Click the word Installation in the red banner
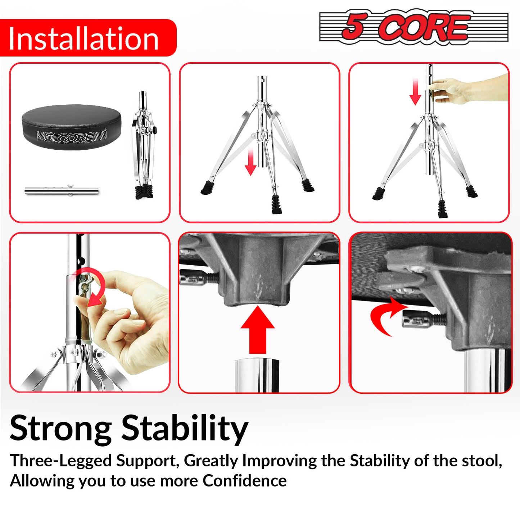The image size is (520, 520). point(83,39)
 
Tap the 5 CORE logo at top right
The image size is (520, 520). point(413,27)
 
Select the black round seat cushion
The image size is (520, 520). point(72,127)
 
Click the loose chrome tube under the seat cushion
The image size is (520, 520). point(62,191)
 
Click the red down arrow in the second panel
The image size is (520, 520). point(251,162)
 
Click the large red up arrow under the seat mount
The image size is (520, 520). point(258,330)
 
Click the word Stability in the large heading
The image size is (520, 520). point(185,429)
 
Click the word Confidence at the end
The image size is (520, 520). point(244,481)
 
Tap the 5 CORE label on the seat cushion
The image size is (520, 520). point(72,137)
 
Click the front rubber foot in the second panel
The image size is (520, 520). point(277,204)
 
